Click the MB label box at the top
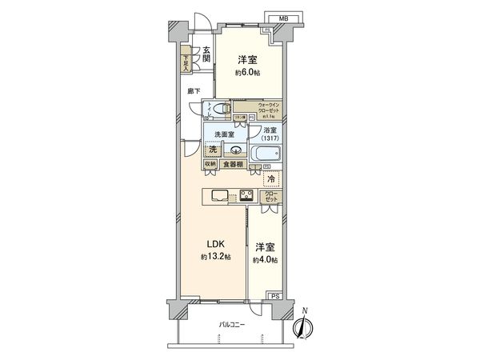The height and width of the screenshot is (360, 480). point(283,17)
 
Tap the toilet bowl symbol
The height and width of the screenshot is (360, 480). point(223,110)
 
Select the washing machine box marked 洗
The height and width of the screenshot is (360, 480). point(212,149)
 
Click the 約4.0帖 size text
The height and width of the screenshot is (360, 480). point(266,260)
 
